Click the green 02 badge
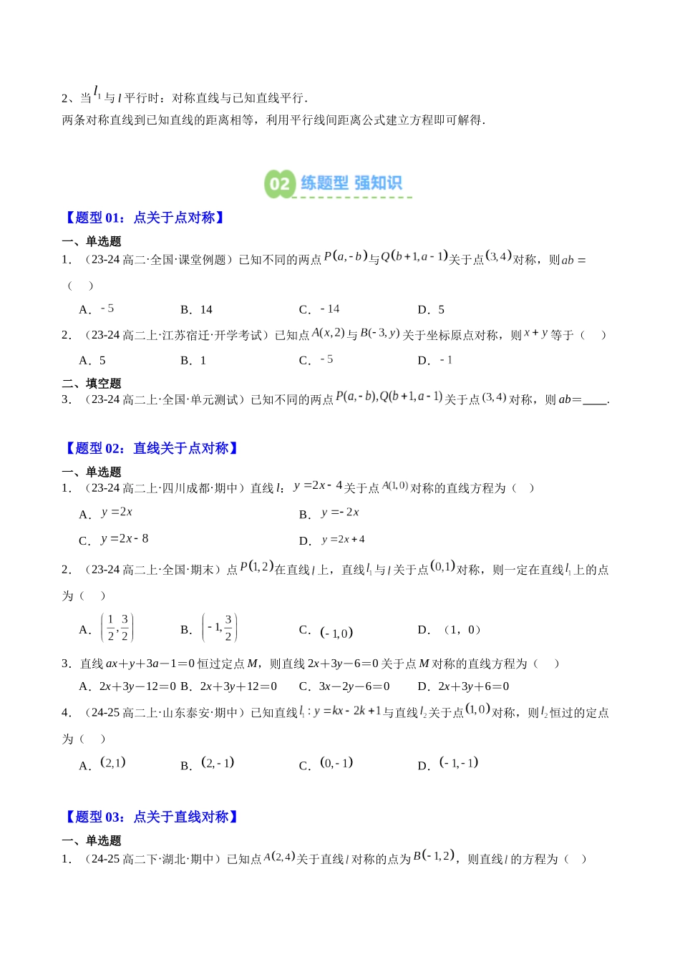[x=279, y=184]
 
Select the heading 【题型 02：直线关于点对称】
[x=150, y=448]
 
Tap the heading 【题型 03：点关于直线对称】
[x=150, y=817]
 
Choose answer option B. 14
[x=197, y=309]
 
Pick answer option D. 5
[x=431, y=309]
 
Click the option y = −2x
[x=330, y=513]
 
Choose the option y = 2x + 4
[x=333, y=540]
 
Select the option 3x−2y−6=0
[x=345, y=686]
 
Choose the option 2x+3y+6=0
[x=464, y=686]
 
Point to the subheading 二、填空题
[x=92, y=383]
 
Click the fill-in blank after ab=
[x=594, y=400]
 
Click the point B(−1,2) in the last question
[x=434, y=856]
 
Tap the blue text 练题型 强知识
[x=351, y=183]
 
